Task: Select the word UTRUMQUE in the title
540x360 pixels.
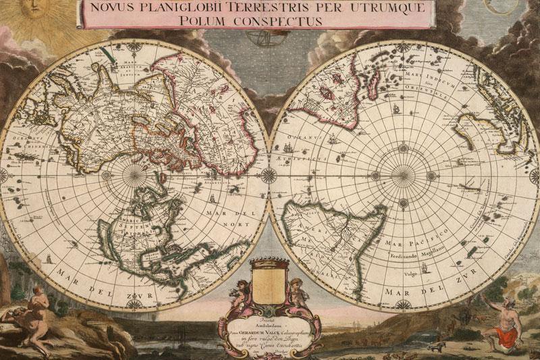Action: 389,7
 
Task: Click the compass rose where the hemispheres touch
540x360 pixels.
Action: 269,175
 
